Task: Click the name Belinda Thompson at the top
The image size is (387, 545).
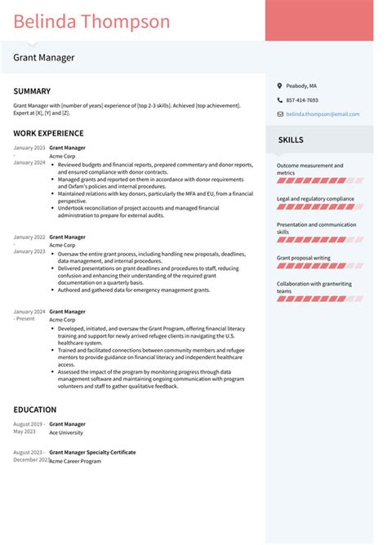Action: pos(91,21)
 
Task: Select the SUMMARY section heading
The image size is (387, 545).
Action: pos(32,91)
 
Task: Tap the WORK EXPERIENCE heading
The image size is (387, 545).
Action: pos(48,134)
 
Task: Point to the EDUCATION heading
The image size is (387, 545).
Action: pos(35,410)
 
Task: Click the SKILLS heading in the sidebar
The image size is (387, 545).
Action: pos(291,140)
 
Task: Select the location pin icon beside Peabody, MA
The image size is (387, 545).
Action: pos(280,86)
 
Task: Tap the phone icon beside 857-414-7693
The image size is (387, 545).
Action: pos(280,100)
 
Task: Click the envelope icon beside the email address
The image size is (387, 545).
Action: pos(280,114)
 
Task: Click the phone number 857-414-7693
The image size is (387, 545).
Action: pos(302,100)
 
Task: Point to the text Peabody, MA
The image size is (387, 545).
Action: pos(301,86)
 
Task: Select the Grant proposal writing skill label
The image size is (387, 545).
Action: pos(304,258)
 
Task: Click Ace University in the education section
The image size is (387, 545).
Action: pos(66,432)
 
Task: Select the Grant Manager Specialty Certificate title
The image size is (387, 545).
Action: pos(92,452)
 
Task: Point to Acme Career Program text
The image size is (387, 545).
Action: pos(75,461)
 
